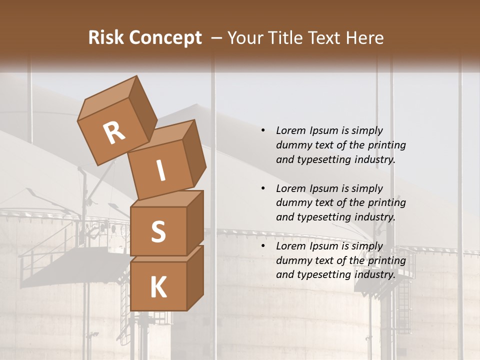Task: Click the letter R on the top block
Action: point(114,133)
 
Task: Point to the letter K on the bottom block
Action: point(158,287)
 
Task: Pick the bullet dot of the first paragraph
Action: point(263,130)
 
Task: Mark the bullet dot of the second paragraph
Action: point(263,188)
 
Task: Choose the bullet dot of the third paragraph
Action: point(263,246)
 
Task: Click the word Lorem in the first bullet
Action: point(290,130)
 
